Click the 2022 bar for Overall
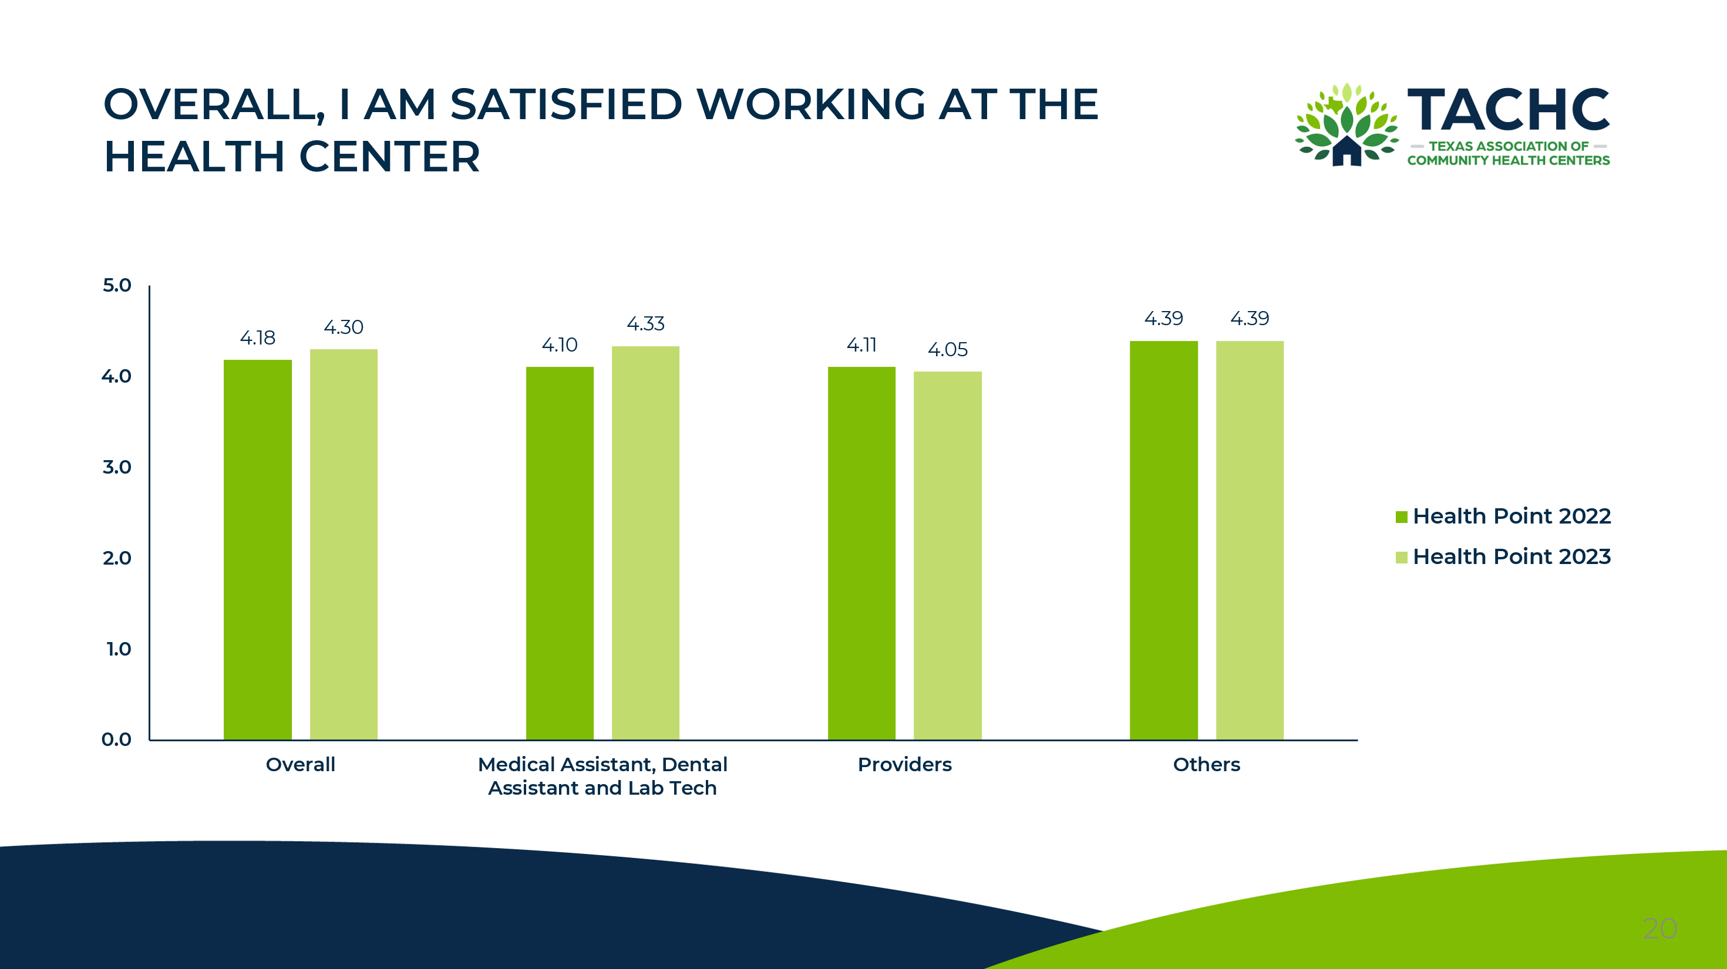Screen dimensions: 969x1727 click(x=257, y=549)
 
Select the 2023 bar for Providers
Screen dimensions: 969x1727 click(x=947, y=556)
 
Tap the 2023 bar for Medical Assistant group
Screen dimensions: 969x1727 click(x=645, y=543)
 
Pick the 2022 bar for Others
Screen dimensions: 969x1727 click(x=1163, y=540)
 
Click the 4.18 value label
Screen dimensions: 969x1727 click(x=257, y=337)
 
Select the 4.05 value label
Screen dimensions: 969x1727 click(x=947, y=349)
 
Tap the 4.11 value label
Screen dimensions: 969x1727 click(x=861, y=345)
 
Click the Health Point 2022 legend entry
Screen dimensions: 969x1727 click(x=1503, y=516)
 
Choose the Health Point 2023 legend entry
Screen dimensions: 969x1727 click(x=1503, y=557)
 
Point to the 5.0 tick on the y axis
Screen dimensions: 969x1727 click(x=117, y=285)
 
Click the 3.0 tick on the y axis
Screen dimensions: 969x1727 click(x=117, y=467)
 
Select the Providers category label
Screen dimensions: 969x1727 click(x=904, y=765)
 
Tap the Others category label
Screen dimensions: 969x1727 click(x=1206, y=765)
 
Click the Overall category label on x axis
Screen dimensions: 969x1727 click(x=300, y=765)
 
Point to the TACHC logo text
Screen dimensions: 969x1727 click(x=1508, y=110)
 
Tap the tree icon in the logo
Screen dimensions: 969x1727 click(x=1346, y=124)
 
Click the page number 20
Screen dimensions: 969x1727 click(x=1660, y=929)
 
